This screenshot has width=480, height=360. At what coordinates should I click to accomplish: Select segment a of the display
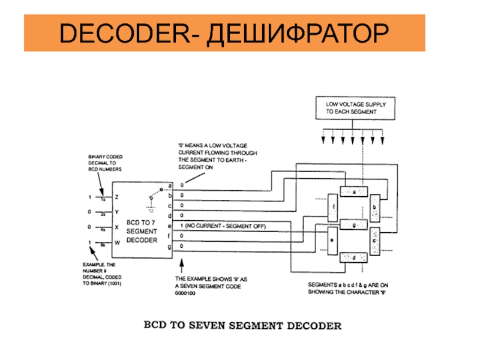click(x=353, y=191)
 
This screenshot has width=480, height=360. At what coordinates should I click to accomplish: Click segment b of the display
click(x=375, y=206)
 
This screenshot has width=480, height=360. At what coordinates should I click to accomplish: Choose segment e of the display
click(x=332, y=240)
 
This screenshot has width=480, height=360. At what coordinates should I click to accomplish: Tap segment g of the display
click(x=354, y=225)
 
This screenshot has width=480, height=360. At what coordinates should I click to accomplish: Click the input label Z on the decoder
click(x=117, y=197)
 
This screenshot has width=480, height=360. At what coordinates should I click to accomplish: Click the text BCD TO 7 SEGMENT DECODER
click(x=142, y=231)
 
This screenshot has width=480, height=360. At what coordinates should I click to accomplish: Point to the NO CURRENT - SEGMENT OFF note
click(x=222, y=226)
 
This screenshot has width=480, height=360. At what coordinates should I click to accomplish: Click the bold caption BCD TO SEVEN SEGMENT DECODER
click(x=241, y=326)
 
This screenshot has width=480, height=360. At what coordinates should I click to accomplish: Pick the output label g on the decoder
click(x=170, y=246)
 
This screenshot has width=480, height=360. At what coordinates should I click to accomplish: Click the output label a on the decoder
click(x=170, y=185)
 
